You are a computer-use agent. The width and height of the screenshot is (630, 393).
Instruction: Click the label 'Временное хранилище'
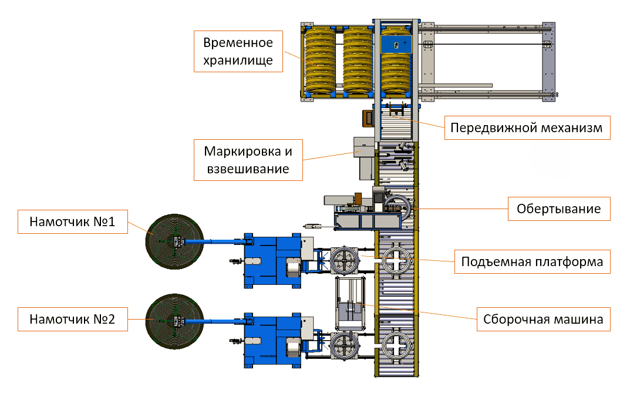pos(238,52)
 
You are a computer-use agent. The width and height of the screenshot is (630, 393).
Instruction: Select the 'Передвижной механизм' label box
pos(527,127)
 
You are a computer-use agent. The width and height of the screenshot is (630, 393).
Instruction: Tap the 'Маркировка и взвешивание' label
pos(247,160)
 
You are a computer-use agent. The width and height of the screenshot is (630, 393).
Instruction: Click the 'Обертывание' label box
pos(558,209)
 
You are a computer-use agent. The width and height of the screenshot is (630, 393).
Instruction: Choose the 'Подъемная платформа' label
pos(532,261)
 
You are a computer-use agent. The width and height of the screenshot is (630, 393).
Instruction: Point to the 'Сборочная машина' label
pos(543,320)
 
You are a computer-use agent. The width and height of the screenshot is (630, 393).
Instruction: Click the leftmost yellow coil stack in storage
pos(320,61)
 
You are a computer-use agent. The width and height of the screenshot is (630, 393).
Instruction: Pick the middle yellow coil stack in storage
pos(358,61)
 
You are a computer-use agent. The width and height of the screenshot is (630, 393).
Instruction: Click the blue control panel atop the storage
pos(397,45)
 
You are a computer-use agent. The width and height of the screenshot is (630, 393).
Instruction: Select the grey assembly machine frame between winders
pos(350,303)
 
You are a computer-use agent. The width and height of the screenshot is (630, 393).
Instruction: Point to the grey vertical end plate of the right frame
pos(547,61)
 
